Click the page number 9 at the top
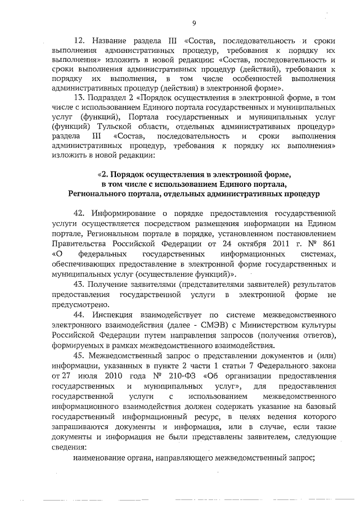(x=193, y=23)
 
